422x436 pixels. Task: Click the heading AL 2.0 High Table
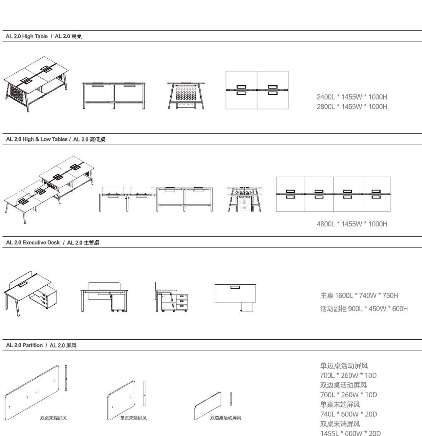point(26,37)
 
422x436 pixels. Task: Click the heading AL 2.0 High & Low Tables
point(36,139)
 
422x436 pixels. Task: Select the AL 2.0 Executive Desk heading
point(33,243)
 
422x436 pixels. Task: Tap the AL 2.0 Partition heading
point(25,345)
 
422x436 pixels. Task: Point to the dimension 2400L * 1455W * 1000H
point(352,97)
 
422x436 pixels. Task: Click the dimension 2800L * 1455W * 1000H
point(352,107)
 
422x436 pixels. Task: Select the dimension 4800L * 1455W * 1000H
point(352,224)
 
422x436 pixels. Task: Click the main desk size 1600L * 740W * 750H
point(366,296)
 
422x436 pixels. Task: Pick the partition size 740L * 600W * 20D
point(348,414)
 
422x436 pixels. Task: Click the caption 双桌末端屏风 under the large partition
point(53,418)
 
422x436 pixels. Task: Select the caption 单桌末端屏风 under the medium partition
point(134,418)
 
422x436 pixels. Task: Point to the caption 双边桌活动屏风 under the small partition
point(226,418)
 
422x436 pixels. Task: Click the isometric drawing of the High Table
point(36,84)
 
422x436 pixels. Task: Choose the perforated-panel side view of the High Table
point(186,95)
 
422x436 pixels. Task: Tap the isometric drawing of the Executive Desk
point(31,294)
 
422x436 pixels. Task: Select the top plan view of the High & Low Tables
point(333,194)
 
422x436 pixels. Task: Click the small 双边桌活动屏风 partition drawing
point(208,406)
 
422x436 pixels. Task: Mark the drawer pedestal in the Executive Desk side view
point(182,303)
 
